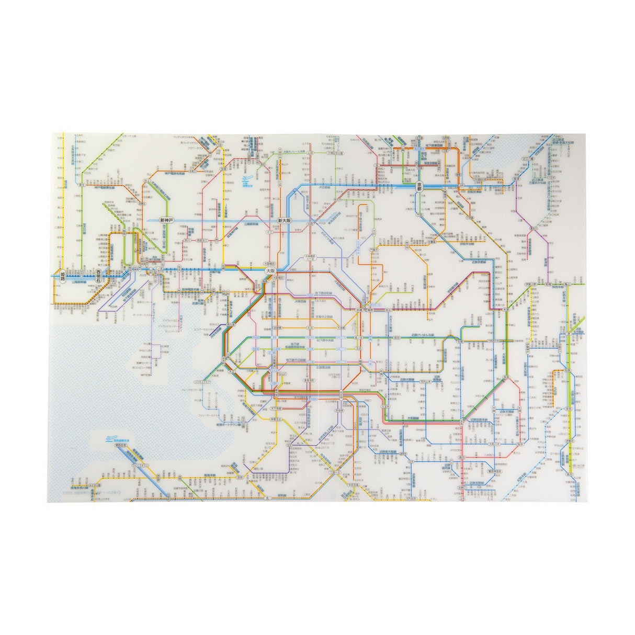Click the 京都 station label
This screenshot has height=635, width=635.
pyautogui.click(x=418, y=185)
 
